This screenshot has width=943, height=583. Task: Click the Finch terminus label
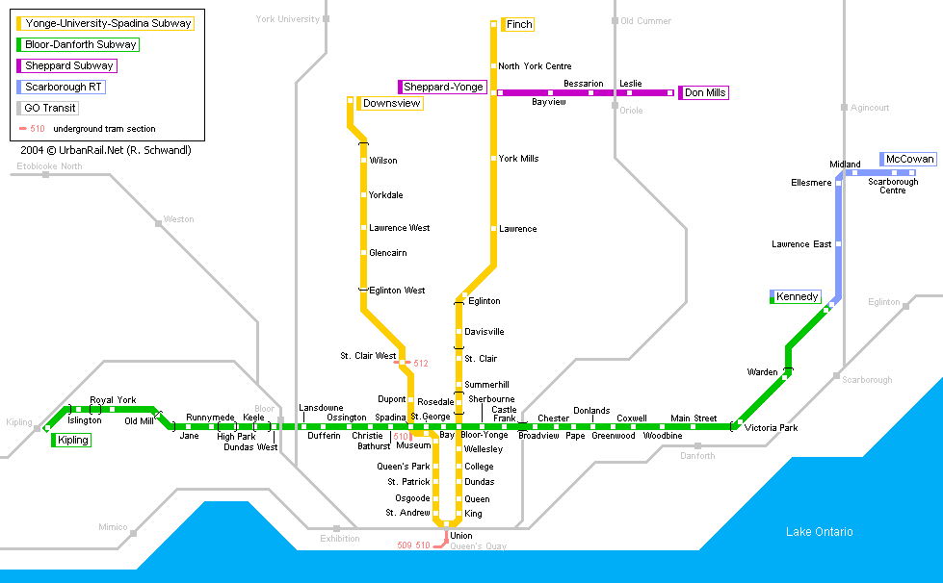click(x=518, y=24)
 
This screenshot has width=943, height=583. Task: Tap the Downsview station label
click(x=392, y=103)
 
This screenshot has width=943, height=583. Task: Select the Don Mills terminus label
click(x=705, y=92)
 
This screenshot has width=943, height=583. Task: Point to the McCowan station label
click(x=909, y=159)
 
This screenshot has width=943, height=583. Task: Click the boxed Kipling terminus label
click(x=72, y=440)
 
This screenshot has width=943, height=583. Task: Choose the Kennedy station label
click(x=798, y=296)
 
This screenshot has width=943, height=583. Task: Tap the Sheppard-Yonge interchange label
click(x=443, y=87)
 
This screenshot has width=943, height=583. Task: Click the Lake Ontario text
click(x=819, y=532)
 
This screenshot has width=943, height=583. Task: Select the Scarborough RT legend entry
click(x=64, y=87)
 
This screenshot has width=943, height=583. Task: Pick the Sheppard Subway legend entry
click(x=69, y=65)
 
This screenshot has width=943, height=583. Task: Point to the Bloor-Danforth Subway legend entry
click(x=81, y=44)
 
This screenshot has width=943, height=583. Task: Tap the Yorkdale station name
click(x=385, y=195)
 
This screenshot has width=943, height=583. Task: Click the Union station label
click(x=460, y=536)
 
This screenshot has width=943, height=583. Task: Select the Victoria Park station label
click(x=772, y=427)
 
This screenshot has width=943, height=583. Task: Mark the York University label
click(x=288, y=19)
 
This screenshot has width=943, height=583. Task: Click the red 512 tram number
click(x=421, y=364)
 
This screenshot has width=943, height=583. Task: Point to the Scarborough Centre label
click(x=893, y=186)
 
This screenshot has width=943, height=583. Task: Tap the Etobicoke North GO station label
click(x=49, y=166)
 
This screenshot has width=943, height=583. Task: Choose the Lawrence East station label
click(x=801, y=244)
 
